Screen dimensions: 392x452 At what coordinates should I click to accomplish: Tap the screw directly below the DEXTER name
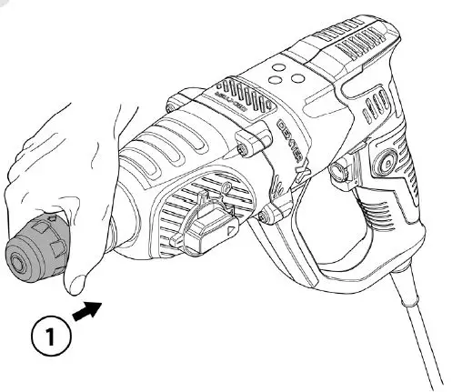tap(270, 215)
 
